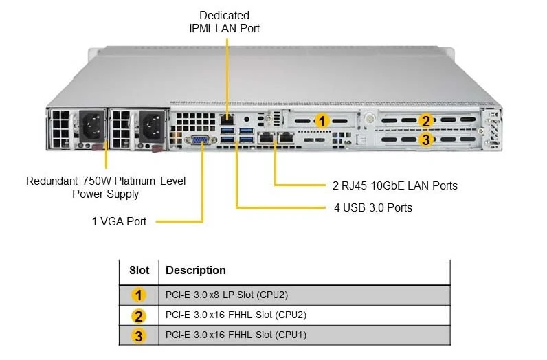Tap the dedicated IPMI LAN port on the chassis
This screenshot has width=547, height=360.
(x=227, y=120)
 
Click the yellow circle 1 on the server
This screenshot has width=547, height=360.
(x=322, y=121)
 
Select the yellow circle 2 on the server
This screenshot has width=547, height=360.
(x=425, y=121)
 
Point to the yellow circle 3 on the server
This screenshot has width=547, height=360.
(x=425, y=139)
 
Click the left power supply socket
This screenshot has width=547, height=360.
(x=92, y=126)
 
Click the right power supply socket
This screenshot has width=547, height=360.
(x=152, y=126)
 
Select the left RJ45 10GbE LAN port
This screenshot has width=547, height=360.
(x=266, y=137)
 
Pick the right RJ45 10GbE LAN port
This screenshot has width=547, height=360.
(x=286, y=137)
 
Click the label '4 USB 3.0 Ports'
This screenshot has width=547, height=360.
(x=373, y=207)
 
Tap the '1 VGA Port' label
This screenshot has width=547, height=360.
(x=119, y=221)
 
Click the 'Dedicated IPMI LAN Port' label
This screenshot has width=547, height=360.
(x=224, y=21)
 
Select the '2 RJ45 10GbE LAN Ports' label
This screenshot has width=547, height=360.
(x=395, y=185)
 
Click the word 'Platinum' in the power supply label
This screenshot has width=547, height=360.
(x=135, y=181)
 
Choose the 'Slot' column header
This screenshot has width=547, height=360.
(x=139, y=271)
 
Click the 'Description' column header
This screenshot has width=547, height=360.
(x=196, y=271)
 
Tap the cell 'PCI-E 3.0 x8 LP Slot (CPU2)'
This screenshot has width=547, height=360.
(x=227, y=295)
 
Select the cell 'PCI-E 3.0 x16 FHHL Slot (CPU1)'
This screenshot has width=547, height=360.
(x=236, y=335)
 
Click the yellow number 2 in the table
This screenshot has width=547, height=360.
(x=139, y=316)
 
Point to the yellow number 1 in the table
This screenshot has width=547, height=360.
(x=139, y=295)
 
